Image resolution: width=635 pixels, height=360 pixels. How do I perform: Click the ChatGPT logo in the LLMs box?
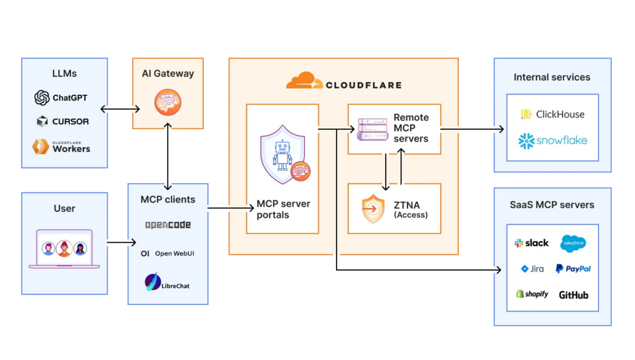tap(42, 98)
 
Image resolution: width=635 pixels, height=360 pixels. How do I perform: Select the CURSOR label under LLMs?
tap(71, 122)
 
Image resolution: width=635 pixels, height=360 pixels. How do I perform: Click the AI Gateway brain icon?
tap(167, 103)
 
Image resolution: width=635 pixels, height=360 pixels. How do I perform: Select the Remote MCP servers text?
tap(411, 128)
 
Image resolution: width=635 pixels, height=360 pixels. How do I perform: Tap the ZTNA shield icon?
tap(373, 209)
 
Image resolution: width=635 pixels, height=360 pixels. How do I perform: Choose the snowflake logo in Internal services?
tap(552, 140)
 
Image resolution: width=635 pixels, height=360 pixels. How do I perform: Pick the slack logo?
tap(531, 243)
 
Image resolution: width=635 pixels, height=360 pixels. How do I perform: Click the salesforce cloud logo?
tap(573, 244)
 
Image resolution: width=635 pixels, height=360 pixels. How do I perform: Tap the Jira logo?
tap(532, 269)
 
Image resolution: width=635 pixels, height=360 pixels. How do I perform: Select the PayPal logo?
tap(573, 269)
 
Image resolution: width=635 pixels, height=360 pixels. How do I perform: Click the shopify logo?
tap(532, 294)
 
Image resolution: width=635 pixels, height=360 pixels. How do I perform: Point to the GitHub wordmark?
tap(573, 294)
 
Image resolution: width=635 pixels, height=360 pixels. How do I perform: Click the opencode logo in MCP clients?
tap(168, 225)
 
